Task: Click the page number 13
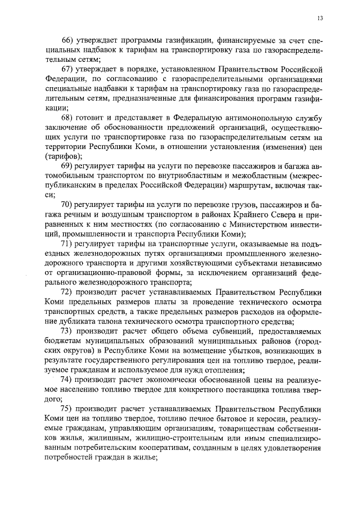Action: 320,18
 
